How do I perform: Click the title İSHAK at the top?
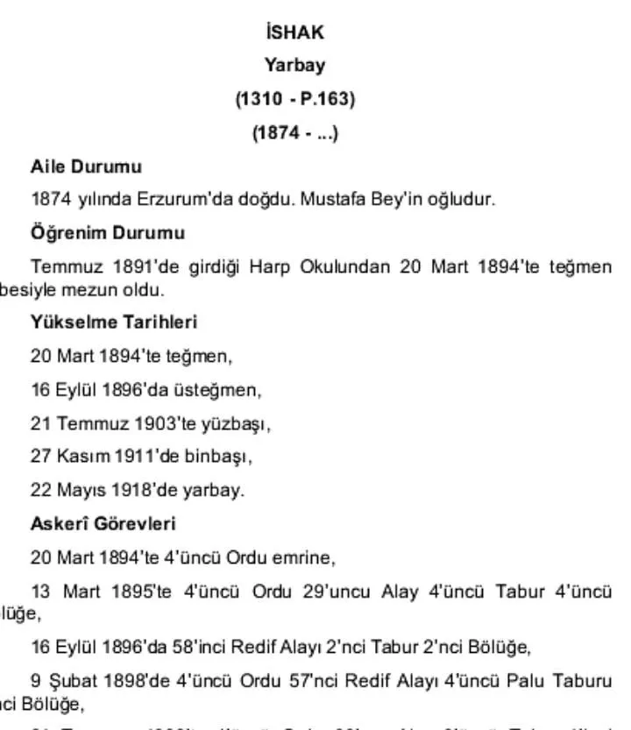pos(294,32)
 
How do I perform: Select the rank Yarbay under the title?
pos(294,66)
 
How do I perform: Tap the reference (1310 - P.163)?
pos(294,99)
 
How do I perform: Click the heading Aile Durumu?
pos(86,166)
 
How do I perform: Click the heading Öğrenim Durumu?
pos(108,233)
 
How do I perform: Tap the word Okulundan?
pos(348,266)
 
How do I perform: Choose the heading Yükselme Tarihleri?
pos(114,322)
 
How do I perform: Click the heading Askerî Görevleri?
pos(103,524)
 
